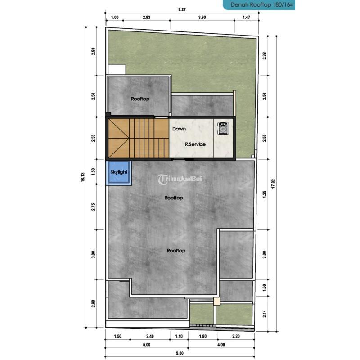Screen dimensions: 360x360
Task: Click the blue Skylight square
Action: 119,172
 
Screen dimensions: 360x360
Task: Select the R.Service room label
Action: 195,144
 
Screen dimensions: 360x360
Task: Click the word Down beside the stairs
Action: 179,129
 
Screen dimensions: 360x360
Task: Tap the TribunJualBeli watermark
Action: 180,179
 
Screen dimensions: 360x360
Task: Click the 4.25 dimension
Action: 265,195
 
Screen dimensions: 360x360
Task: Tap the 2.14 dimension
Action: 265,314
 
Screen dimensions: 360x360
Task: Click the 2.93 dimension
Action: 94,51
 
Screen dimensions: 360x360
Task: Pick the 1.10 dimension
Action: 179,336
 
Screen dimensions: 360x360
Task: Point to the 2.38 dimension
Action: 265,56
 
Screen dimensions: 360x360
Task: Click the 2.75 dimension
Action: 94,207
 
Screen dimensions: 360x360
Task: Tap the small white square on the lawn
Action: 116,70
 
